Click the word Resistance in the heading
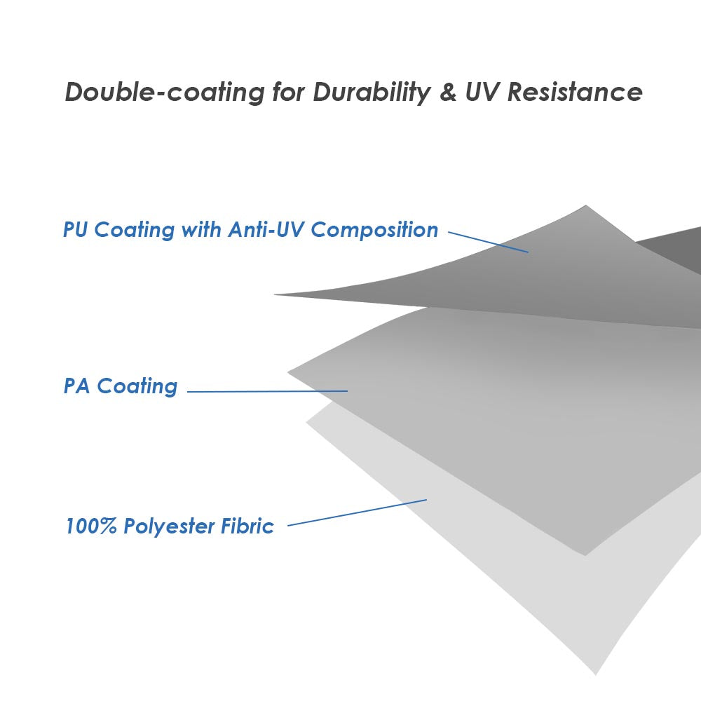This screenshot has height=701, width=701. tap(575, 93)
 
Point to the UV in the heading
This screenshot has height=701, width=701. tap(483, 93)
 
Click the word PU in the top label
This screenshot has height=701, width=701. tap(76, 230)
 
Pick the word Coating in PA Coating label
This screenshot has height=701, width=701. tap(137, 386)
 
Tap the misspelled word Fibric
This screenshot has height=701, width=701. tap(248, 526)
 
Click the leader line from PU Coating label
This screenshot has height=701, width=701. tap(488, 242)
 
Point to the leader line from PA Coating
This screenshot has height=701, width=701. tap(267, 391)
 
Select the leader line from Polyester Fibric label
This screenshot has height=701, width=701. tap(357, 512)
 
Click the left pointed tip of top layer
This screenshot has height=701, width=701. tap(276, 294)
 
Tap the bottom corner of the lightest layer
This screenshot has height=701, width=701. tap(597, 674)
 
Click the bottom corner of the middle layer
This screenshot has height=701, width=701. tap(585, 554)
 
